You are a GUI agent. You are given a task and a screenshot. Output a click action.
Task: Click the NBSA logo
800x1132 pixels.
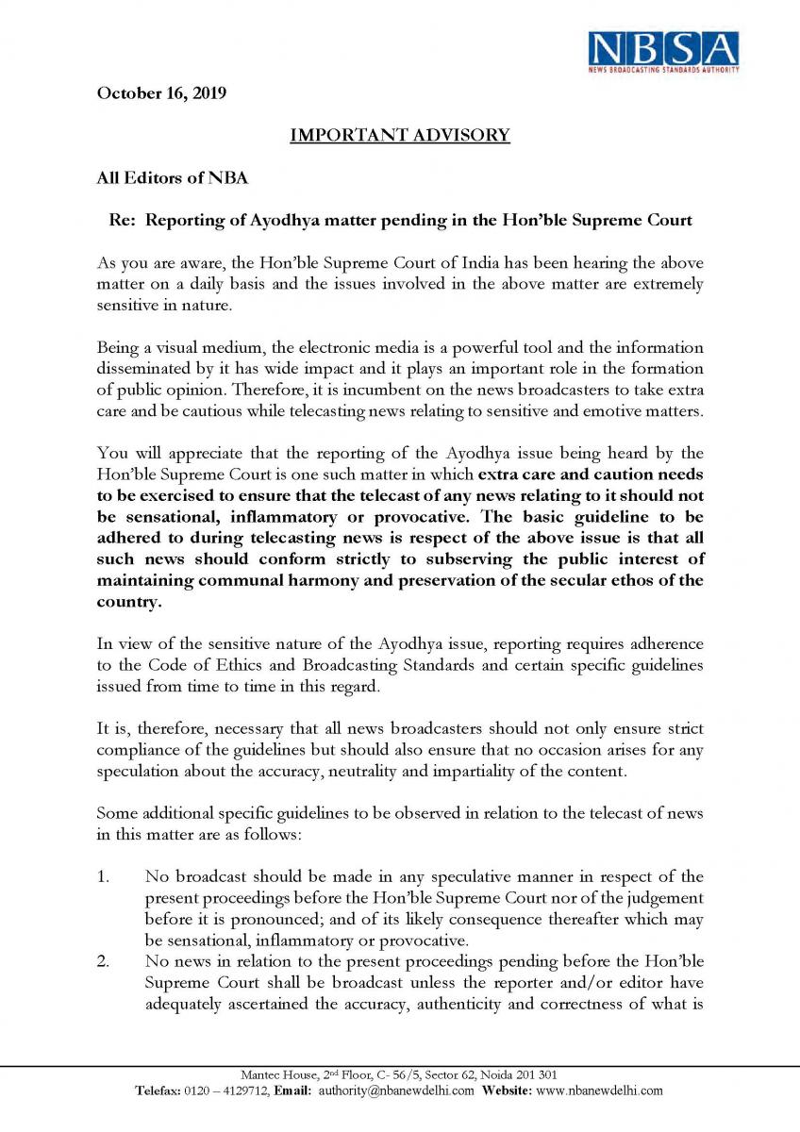(664, 51)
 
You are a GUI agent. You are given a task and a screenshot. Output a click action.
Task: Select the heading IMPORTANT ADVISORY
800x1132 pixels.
(399, 135)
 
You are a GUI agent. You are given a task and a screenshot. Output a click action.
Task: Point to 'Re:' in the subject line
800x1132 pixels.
(125, 220)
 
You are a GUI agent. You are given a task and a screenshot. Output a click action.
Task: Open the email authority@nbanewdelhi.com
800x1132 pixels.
(396, 1090)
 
